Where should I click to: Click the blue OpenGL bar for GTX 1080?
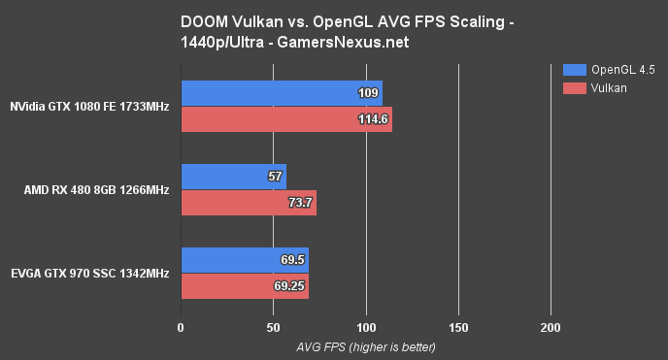click(x=282, y=93)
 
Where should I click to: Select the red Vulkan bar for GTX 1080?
click(x=286, y=118)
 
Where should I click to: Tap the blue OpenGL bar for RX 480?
click(x=233, y=177)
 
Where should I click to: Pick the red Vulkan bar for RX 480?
click(x=249, y=202)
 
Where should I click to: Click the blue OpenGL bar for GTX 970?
click(x=245, y=261)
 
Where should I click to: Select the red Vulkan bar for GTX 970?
click(x=245, y=286)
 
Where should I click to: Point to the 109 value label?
click(x=368, y=94)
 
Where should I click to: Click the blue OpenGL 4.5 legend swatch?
click(x=574, y=70)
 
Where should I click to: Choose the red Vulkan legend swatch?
click(x=574, y=87)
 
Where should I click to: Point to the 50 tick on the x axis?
click(x=274, y=327)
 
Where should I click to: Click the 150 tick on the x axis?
click(x=458, y=327)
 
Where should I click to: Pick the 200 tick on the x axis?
click(x=551, y=327)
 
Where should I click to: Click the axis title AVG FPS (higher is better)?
click(x=365, y=346)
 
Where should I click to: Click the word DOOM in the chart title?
click(x=202, y=20)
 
